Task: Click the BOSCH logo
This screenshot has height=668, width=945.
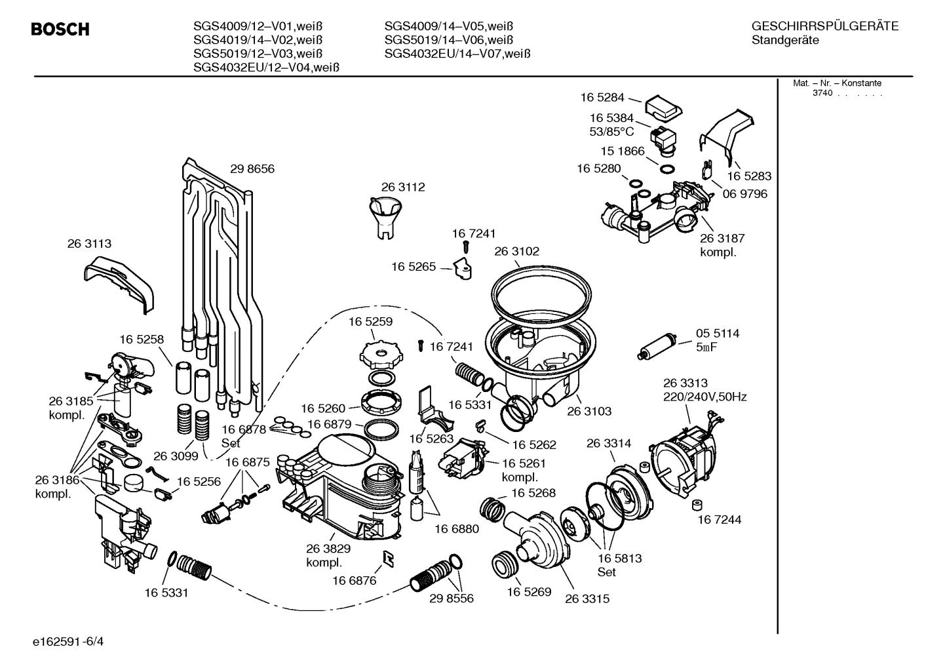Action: [x=60, y=29]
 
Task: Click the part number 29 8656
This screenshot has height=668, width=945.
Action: [x=252, y=169]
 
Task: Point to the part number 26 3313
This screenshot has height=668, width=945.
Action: [x=685, y=383]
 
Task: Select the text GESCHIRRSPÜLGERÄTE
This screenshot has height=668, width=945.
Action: [x=824, y=26]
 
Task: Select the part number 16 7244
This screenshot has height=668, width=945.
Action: [x=719, y=520]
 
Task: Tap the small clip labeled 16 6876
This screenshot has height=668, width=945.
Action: [x=389, y=558]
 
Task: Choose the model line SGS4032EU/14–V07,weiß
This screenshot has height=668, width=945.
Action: [x=457, y=54]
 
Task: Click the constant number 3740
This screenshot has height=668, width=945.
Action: [x=822, y=93]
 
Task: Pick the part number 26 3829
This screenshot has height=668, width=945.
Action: [x=328, y=549]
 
